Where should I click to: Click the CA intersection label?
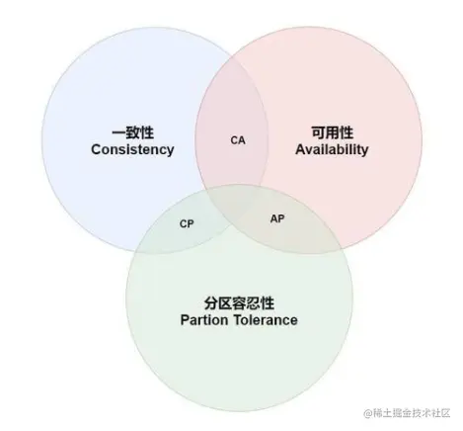238,140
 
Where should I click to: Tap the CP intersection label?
187,224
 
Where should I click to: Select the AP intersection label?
277,218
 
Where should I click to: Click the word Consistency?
132,149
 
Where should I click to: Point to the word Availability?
332,149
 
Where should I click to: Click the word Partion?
204,320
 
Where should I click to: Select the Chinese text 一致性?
133,132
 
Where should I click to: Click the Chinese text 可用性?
332,132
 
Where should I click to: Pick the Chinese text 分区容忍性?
239,303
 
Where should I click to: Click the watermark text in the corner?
407,413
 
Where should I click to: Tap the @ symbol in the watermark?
368,413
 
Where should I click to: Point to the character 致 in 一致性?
133,132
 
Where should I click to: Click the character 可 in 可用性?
318,132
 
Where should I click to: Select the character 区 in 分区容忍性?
225,303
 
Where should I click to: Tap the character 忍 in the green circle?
253,303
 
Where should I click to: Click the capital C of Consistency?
96,149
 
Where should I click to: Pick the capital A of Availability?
300,149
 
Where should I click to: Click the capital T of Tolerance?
239,319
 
